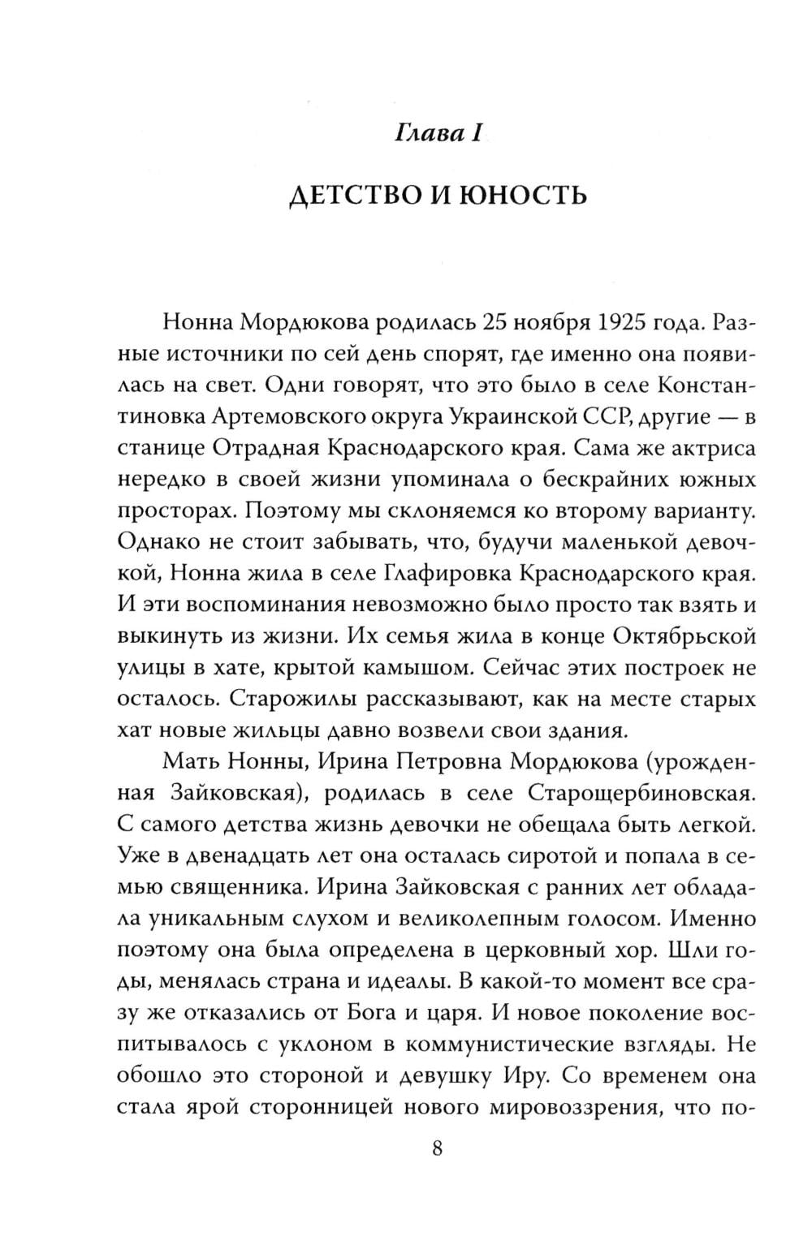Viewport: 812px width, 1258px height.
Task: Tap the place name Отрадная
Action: click(x=271, y=449)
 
